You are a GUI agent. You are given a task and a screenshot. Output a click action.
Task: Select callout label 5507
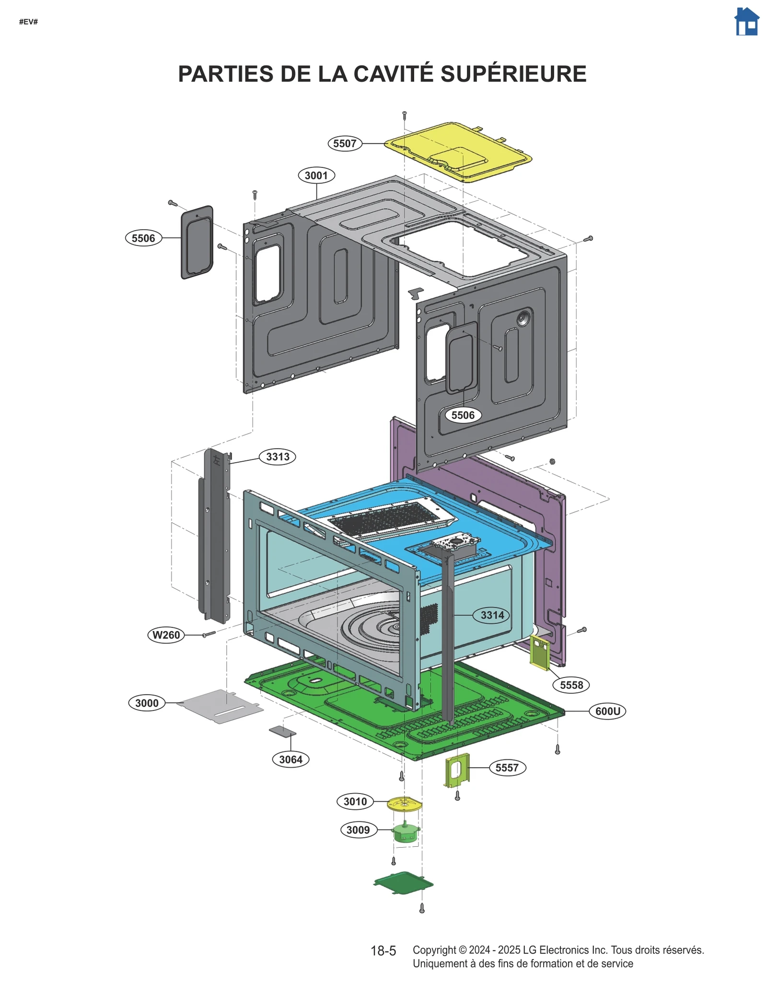[345, 143]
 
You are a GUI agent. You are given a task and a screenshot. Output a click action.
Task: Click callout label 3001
[316, 175]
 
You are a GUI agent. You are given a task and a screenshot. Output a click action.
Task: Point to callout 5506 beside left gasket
[143, 238]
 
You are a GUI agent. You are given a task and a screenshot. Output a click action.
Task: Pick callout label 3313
[278, 457]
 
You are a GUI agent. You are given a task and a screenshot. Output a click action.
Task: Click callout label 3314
[492, 615]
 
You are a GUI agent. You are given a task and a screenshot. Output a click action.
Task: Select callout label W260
[166, 635]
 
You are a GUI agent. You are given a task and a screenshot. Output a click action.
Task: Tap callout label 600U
[607, 711]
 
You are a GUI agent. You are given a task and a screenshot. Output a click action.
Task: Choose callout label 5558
[571, 685]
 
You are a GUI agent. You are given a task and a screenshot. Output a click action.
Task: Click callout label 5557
[507, 768]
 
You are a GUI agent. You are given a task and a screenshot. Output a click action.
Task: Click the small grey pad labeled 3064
[282, 732]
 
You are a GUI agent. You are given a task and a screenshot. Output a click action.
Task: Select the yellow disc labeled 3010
[404, 804]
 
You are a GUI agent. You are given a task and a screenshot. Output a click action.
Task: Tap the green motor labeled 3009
[406, 833]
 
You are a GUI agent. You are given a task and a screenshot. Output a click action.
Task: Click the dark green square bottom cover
[404, 883]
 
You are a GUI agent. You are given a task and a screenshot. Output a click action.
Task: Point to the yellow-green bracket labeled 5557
[457, 770]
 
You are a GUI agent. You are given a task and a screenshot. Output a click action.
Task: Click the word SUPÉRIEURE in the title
[513, 74]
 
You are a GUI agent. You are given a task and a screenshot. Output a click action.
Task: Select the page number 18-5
[383, 951]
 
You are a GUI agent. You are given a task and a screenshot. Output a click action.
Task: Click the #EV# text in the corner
[28, 22]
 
